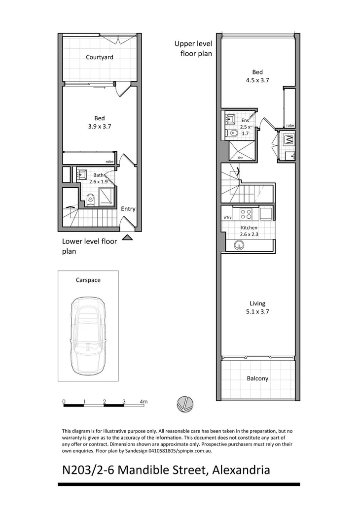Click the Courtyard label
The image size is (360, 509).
[99, 57]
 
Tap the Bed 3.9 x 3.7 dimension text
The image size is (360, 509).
[99, 126]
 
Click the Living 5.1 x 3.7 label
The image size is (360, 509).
[257, 307]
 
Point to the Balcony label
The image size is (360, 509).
[257, 378]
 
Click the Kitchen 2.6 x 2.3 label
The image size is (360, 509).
[249, 231]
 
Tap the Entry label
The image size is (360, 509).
[128, 209]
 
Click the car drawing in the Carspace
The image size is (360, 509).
[88, 336]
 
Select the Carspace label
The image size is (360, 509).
[88, 280]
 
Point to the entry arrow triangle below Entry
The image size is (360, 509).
[127, 238]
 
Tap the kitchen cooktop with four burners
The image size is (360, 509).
[246, 214]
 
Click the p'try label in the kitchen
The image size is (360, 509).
[228, 217]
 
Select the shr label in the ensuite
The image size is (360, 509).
[240, 158]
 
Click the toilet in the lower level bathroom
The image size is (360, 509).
[89, 199]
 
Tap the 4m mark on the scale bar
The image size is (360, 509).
[144, 402]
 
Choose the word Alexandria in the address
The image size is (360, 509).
[241, 470]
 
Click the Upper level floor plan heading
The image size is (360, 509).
[193, 48]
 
